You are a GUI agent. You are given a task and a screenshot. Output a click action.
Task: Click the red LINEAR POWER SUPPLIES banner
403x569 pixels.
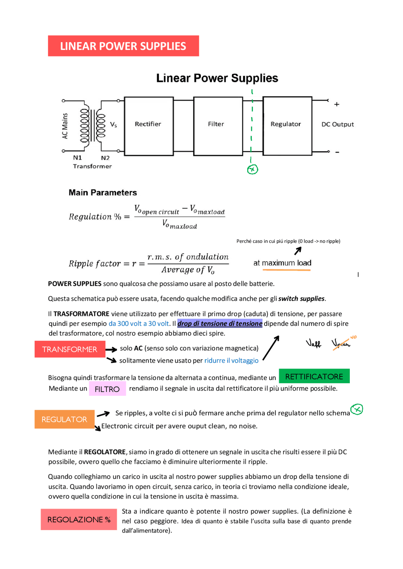click(x=123, y=46)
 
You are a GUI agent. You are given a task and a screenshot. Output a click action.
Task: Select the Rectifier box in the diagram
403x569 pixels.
click(x=149, y=126)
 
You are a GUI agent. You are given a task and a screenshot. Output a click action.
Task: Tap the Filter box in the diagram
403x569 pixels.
click(x=218, y=126)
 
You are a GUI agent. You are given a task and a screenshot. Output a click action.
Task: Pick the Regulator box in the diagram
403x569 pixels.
click(x=287, y=126)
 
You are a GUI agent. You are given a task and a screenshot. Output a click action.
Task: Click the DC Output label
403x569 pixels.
click(x=338, y=124)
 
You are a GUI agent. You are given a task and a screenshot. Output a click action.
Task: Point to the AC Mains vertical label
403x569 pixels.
click(x=65, y=126)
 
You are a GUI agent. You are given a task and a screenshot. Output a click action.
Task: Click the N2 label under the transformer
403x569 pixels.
click(x=105, y=158)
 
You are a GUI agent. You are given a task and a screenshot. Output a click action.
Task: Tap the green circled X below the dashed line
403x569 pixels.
click(x=253, y=170)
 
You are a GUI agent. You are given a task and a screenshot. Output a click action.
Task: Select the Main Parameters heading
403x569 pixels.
click(x=103, y=192)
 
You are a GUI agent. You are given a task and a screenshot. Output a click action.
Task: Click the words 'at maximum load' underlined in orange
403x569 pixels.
click(x=282, y=263)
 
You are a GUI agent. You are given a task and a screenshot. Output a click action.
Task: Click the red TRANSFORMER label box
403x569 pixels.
click(x=70, y=349)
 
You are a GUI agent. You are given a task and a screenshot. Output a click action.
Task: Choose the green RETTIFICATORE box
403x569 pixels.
click(x=314, y=376)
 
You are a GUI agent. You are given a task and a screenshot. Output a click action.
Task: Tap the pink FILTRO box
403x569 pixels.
click(x=107, y=389)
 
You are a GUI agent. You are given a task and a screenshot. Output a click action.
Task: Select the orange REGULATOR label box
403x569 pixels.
click(x=64, y=419)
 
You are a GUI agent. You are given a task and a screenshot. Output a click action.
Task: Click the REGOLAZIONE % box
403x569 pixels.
click(x=79, y=519)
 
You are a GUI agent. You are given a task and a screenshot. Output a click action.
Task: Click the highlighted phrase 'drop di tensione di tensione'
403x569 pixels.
click(x=220, y=323)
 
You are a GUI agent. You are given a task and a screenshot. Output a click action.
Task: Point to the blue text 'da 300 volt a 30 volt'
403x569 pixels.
click(x=139, y=323)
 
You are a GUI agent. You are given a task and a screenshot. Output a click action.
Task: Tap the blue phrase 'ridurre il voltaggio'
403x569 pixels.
click(x=231, y=360)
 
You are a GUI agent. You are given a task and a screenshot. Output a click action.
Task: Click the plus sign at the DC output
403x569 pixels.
click(x=337, y=104)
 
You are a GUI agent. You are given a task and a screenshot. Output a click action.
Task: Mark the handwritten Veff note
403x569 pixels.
click(x=313, y=343)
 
